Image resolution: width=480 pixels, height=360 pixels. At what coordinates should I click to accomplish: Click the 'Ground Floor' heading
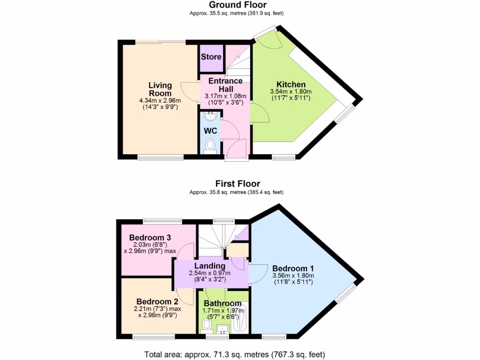(x=238, y=5)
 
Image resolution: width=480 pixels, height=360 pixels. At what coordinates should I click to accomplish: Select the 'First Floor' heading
(x=238, y=184)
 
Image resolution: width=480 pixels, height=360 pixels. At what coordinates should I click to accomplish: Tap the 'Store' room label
(x=211, y=57)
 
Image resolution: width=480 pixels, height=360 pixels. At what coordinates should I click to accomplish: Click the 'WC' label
(x=210, y=131)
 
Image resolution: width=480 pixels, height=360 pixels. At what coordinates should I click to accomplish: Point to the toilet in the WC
(x=210, y=145)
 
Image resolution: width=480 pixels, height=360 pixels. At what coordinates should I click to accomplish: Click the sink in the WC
(x=210, y=116)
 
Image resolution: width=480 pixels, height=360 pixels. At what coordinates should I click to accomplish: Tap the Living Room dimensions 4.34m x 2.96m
(x=160, y=100)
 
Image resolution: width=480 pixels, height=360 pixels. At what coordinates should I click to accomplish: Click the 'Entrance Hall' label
(x=225, y=85)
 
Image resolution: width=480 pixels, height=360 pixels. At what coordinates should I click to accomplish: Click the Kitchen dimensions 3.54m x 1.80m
(x=291, y=91)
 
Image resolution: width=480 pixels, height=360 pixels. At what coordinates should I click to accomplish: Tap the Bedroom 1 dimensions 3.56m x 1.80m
(x=293, y=276)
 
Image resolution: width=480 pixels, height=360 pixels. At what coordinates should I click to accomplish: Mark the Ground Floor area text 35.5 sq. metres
(x=237, y=13)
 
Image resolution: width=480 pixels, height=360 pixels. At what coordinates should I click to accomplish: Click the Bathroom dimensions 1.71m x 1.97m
(x=223, y=310)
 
